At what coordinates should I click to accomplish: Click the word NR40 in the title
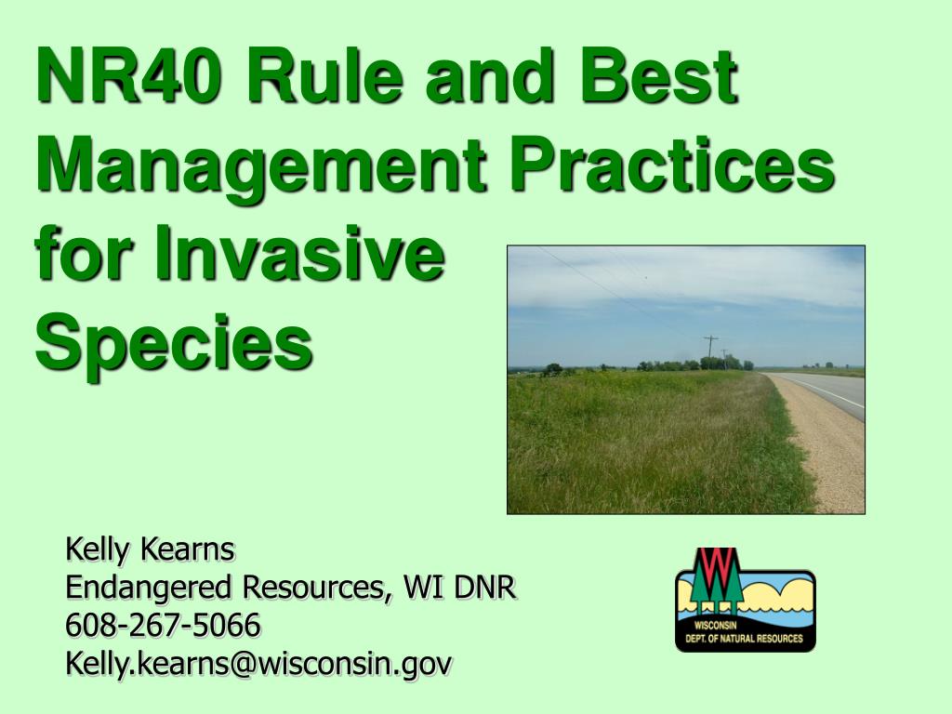coord(128,75)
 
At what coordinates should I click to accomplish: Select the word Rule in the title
coord(324,75)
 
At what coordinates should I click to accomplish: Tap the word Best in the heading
coord(659,75)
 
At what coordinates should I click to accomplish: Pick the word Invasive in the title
coord(300,253)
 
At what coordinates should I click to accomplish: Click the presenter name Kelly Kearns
coord(150,549)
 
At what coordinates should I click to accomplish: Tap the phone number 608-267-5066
coord(163,625)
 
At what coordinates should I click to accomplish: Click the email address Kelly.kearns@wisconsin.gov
coord(258,663)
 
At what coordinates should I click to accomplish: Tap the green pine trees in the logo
coord(718,584)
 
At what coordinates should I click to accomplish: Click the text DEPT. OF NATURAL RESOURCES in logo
coord(744,639)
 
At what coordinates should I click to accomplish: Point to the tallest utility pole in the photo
coord(710,351)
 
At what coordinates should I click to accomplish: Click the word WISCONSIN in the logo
coord(715,626)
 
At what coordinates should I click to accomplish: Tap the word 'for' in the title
coord(83,253)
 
